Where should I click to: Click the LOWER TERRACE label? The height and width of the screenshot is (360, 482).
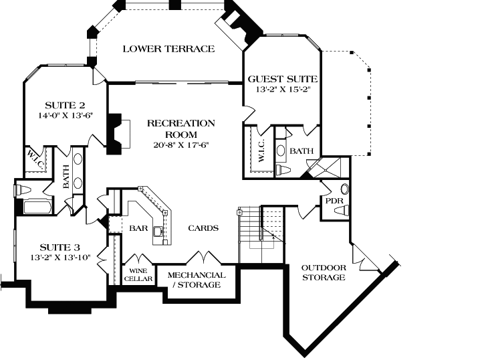point(168,49)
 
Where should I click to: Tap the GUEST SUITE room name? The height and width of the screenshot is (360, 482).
point(282,78)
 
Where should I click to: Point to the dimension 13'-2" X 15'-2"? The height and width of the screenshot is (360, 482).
point(282,88)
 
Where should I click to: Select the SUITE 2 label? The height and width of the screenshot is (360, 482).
point(65,105)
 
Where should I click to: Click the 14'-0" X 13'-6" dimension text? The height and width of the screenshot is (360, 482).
point(65,115)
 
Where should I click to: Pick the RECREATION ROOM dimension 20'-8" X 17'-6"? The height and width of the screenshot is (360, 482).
point(180,145)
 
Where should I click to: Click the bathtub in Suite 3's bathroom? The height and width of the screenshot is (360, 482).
point(33,207)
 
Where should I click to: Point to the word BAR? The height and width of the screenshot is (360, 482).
point(138,228)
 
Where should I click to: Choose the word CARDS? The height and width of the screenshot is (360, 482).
point(203,228)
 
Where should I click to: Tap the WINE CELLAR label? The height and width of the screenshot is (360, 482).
point(138,274)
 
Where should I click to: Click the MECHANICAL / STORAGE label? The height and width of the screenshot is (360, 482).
point(196,280)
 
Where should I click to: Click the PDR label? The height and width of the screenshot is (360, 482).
point(334,200)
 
